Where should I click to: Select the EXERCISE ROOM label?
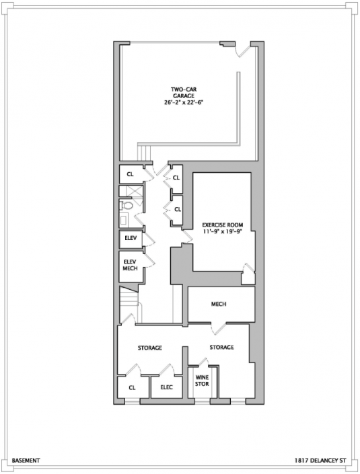(222, 225)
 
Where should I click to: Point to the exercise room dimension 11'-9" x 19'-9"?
(222, 231)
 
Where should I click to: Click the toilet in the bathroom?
(126, 206)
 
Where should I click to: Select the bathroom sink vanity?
(123, 221)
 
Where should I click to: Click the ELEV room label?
(131, 238)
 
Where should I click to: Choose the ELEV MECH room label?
(130, 265)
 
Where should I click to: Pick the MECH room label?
(219, 304)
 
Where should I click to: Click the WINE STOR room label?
(202, 381)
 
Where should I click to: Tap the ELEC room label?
(166, 387)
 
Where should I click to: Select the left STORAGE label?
(150, 348)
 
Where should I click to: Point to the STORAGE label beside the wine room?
(222, 348)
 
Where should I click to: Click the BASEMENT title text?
(26, 461)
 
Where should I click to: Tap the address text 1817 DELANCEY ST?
(320, 461)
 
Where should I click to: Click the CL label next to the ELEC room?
(132, 387)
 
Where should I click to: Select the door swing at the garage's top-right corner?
(243, 50)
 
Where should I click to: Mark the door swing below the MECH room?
(219, 329)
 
